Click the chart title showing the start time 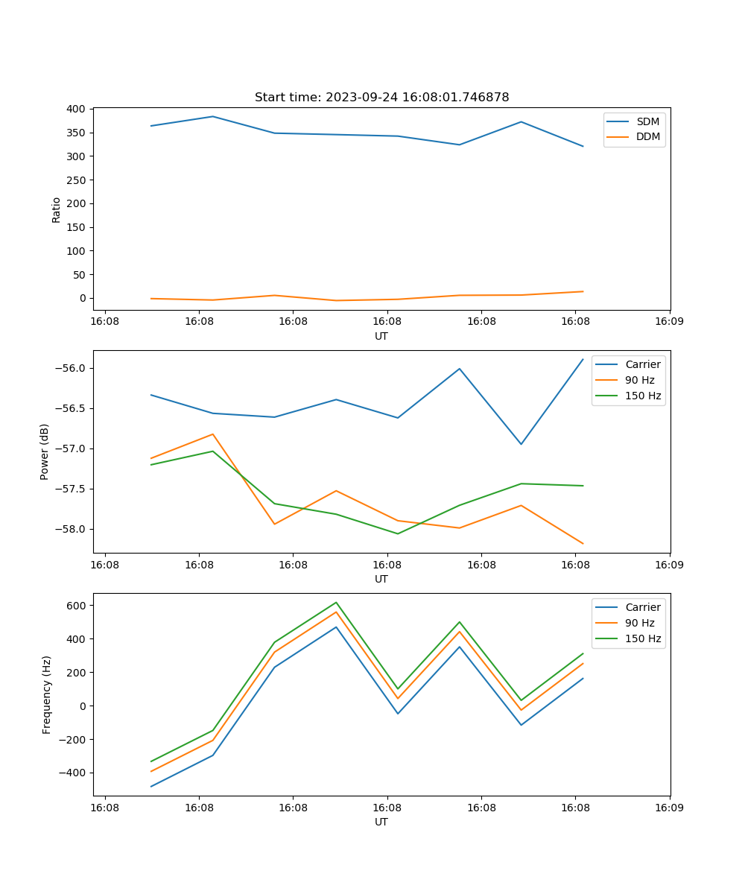click(x=381, y=98)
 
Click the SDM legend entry click(x=647, y=121)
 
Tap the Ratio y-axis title click(x=57, y=209)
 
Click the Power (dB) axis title click(x=45, y=451)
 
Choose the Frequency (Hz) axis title click(x=47, y=694)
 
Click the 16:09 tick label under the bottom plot click(x=669, y=808)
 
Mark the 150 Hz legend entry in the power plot click(x=643, y=396)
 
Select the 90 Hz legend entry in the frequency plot click(x=640, y=623)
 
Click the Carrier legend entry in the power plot click(x=642, y=364)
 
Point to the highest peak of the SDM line click(x=213, y=116)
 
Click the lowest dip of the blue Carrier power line click(x=521, y=444)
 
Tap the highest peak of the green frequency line click(x=336, y=602)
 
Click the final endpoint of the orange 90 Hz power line click(x=583, y=544)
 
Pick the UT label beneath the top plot click(x=381, y=336)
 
